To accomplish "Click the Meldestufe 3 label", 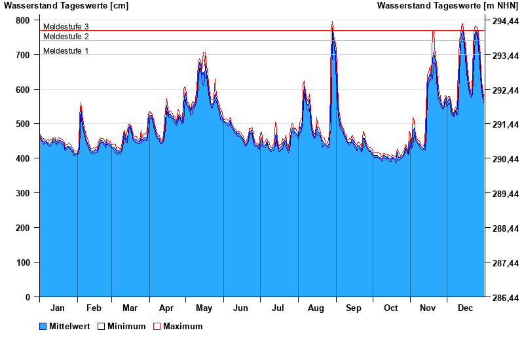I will point(65,27).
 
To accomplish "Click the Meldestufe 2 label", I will point(65,37).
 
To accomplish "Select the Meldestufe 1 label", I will point(65,51).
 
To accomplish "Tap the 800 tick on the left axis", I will point(23,20).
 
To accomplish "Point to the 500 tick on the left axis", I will point(23,124).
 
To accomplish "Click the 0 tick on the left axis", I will point(28,297).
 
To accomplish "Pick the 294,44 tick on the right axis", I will point(505,21).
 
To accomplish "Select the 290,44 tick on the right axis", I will point(505,159).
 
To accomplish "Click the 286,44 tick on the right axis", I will point(505,298).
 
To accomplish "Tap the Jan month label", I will point(58,308).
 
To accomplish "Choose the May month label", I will point(204,308).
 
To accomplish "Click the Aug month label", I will point(316,308).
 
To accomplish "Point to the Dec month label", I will point(466,308).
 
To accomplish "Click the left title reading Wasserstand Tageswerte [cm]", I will point(66,6).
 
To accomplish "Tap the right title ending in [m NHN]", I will point(447,6).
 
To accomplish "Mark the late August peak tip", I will point(332,22).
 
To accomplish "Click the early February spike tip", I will point(81,103).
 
